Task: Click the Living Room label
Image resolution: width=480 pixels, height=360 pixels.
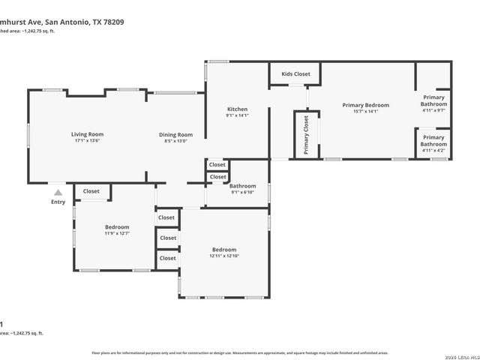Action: pos(87,134)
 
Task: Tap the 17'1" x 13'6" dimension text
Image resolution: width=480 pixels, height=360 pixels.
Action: pos(87,141)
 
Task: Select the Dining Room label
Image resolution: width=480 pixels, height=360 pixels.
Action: pos(175,135)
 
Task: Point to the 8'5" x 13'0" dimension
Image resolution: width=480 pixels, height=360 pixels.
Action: pos(175,141)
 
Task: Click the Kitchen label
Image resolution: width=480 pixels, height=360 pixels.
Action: pos(237,109)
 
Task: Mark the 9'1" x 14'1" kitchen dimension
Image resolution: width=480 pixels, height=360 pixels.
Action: pos(237,115)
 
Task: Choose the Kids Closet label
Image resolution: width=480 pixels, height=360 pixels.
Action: pos(295,74)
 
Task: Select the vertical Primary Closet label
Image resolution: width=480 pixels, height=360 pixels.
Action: pos(307,135)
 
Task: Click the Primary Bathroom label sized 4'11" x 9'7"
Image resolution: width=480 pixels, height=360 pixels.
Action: pos(433,100)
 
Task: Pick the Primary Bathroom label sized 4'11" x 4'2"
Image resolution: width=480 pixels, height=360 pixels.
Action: pos(433,141)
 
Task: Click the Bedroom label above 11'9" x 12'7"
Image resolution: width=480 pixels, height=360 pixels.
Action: pos(117,227)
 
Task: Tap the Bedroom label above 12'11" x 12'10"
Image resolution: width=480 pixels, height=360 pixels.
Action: pos(223,250)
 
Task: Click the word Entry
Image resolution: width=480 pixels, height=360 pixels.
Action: pos(58,202)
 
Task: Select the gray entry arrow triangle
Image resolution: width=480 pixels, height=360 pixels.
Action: pos(58,192)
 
